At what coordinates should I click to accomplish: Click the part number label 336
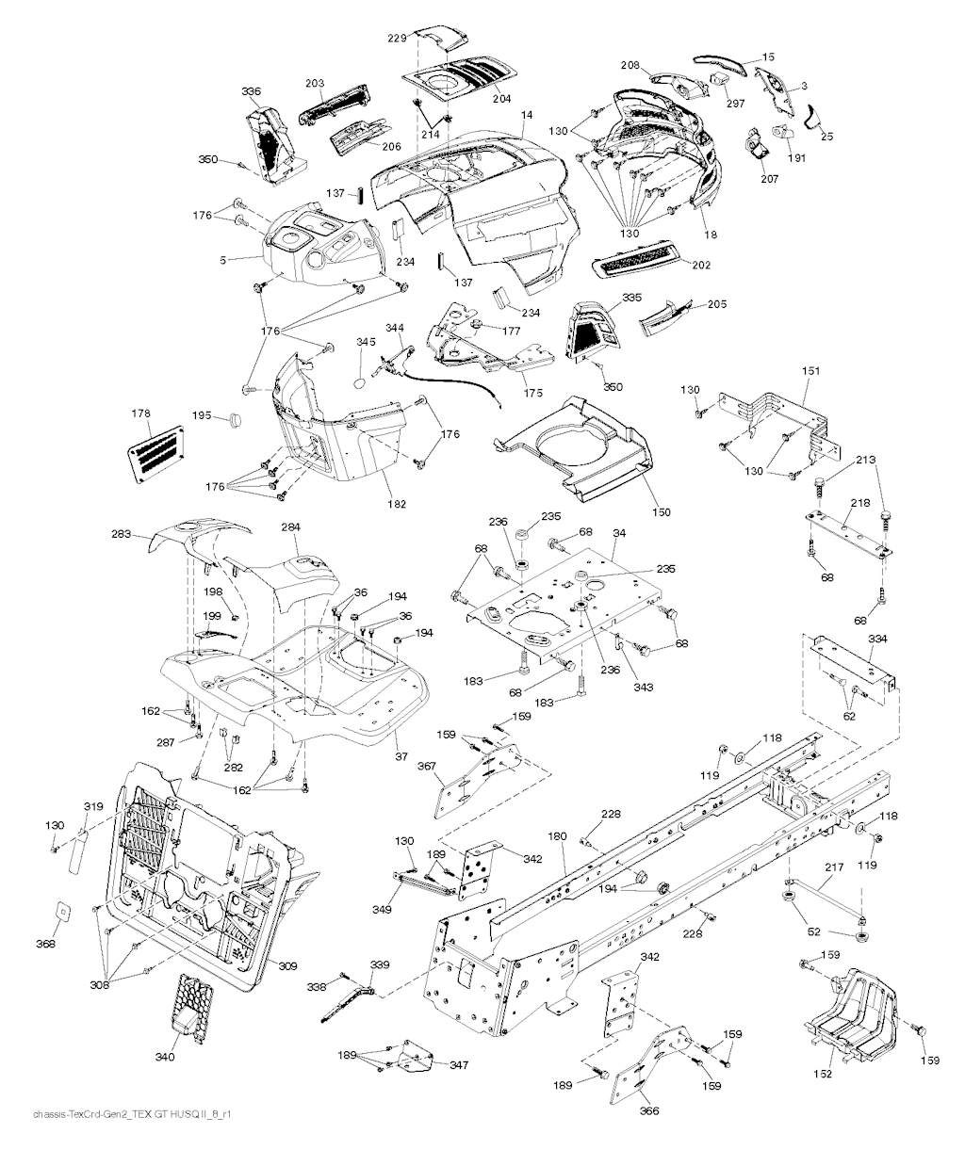[x=251, y=91]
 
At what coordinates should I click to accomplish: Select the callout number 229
[x=396, y=38]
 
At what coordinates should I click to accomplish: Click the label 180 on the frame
[x=557, y=835]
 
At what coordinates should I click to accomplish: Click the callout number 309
[x=288, y=965]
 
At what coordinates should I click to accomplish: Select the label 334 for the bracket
[x=877, y=640]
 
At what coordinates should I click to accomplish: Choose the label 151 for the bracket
[x=810, y=372]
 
